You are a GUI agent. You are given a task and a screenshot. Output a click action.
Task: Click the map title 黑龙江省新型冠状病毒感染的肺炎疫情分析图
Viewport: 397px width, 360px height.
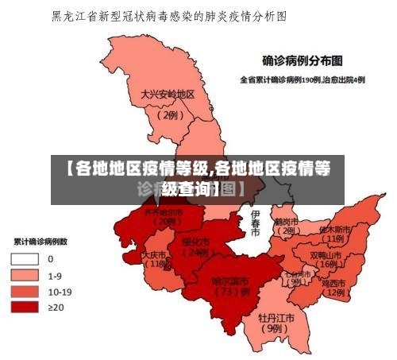click(168, 16)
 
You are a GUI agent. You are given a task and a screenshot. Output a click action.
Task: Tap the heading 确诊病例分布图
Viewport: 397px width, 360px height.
click(303, 60)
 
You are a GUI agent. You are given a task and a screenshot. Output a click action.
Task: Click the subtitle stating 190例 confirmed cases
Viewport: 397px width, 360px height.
click(303, 79)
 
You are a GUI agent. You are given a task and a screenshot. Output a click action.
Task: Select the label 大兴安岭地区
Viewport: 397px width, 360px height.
click(168, 94)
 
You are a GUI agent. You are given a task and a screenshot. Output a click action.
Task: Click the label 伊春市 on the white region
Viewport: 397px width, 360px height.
click(255, 223)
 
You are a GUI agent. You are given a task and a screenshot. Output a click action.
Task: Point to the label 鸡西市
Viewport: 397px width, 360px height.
click(332, 283)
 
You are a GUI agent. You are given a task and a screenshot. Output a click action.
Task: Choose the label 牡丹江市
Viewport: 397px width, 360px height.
click(276, 317)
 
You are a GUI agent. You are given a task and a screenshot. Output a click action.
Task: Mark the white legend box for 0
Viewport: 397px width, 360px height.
click(25, 259)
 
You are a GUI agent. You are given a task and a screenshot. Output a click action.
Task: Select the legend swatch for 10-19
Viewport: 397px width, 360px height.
click(25, 291)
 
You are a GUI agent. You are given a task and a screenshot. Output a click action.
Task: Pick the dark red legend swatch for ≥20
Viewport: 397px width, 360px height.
click(25, 307)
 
